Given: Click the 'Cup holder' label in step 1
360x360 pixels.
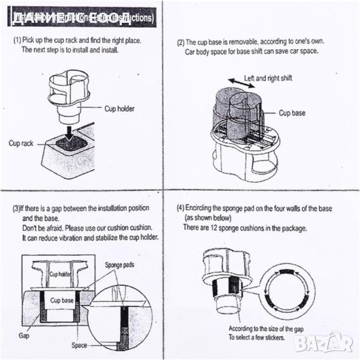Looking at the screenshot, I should click(120, 109).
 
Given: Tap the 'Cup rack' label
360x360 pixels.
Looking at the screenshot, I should click(21, 143).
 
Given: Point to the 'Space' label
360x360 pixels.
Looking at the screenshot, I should click(79, 346).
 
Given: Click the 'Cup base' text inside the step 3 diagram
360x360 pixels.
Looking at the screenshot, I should click(62, 300).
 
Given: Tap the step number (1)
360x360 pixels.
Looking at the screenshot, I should click(18, 40).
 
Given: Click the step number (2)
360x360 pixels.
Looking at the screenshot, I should click(180, 43).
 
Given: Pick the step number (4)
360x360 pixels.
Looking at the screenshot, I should click(180, 208).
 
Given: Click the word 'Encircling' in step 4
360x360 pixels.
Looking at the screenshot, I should click(203, 208).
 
